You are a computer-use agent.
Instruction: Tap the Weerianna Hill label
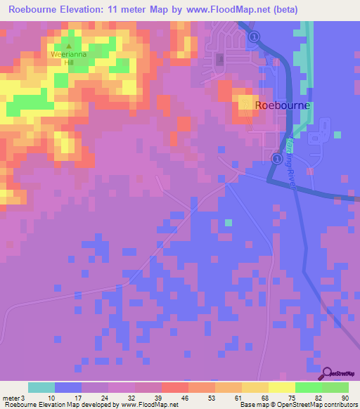(67, 58)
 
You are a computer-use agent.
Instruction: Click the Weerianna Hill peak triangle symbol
(68, 46)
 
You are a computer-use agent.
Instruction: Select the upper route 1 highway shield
(255, 37)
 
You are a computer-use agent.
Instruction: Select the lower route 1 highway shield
(276, 159)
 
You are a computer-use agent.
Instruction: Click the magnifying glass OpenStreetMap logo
(328, 374)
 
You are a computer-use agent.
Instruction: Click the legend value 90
(345, 398)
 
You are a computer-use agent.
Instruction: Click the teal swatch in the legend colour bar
(41, 387)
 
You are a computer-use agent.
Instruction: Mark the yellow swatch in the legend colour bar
(281, 387)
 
